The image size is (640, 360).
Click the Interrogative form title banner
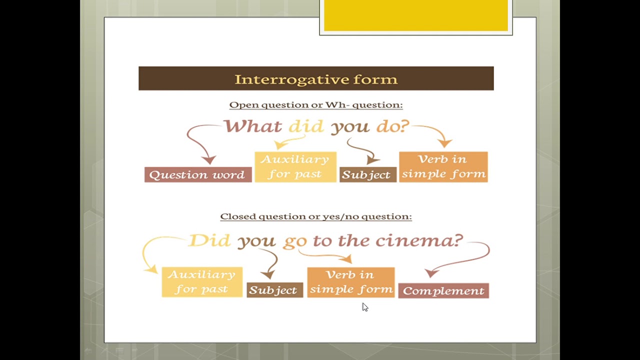tap(316, 78)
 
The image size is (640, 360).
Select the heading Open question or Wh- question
tap(316, 105)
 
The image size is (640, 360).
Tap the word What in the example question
tap(252, 126)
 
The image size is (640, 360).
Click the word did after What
tap(306, 126)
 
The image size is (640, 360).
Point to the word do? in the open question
tap(392, 126)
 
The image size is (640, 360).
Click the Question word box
tap(198, 174)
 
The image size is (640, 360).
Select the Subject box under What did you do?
tap(367, 174)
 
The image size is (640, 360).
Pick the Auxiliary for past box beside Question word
tap(295, 166)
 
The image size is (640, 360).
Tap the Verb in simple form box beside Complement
tap(350, 282)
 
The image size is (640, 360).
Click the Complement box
tap(443, 290)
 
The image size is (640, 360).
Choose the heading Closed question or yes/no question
tap(316, 216)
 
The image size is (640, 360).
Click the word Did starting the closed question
tap(209, 240)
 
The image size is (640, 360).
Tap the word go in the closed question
tap(295, 241)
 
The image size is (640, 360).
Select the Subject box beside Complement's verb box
tap(274, 290)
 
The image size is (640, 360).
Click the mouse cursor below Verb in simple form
tap(364, 307)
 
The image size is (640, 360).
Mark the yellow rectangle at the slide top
tap(415, 16)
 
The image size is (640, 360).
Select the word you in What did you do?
tap(350, 126)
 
